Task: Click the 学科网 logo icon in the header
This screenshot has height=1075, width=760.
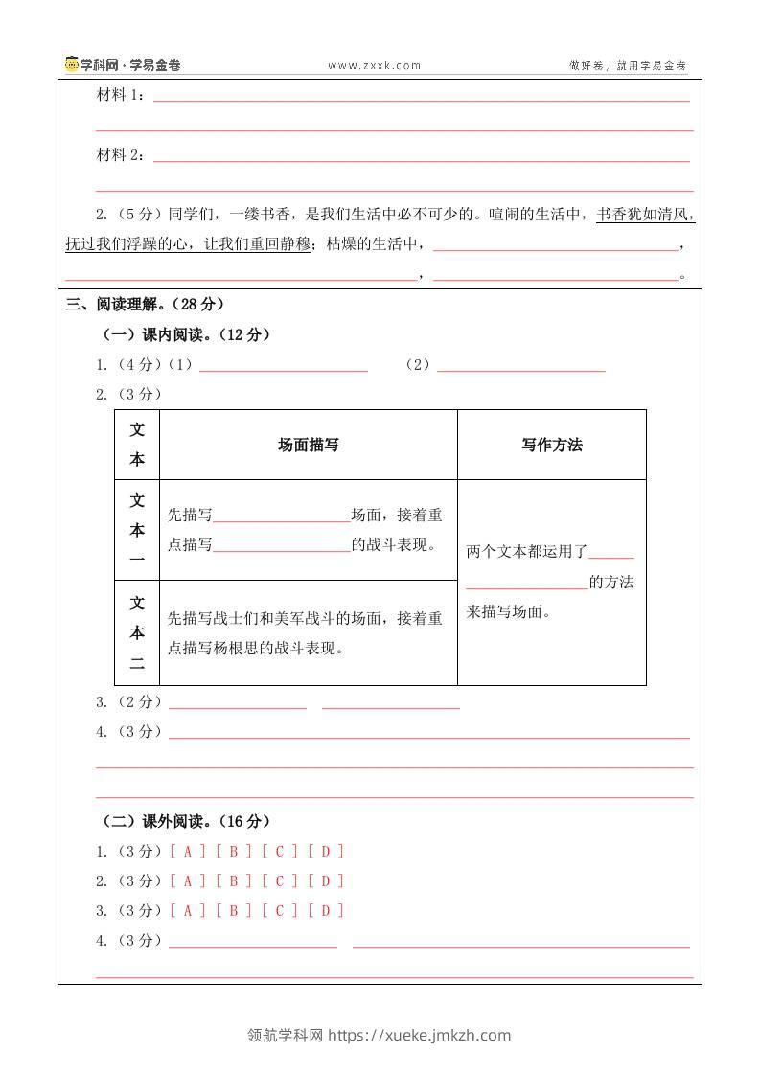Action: pos(72,65)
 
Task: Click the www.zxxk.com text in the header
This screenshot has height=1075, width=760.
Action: pos(375,66)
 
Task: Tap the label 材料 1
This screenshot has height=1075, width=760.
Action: pos(120,95)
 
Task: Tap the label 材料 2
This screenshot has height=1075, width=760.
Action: pos(120,155)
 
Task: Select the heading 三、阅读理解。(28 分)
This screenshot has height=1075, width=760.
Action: pos(145,304)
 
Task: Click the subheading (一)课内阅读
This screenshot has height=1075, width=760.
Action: pos(187,334)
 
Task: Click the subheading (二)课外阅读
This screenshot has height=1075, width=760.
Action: pos(187,821)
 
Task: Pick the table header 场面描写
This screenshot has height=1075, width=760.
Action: pos(308,445)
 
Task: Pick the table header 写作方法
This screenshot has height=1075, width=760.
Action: pos(552,445)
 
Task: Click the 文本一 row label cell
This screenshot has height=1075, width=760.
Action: pos(137,529)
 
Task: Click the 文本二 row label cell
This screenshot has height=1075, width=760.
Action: pos(137,632)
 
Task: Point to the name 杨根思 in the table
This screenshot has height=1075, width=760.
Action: pos(271,648)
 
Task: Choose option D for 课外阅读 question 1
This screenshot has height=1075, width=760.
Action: pos(326,851)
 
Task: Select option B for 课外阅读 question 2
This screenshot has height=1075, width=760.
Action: pos(234,881)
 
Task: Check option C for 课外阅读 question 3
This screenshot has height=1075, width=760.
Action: pos(280,910)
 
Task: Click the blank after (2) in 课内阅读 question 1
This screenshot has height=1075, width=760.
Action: pos(520,365)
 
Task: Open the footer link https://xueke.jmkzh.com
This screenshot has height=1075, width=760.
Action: pos(420,1035)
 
